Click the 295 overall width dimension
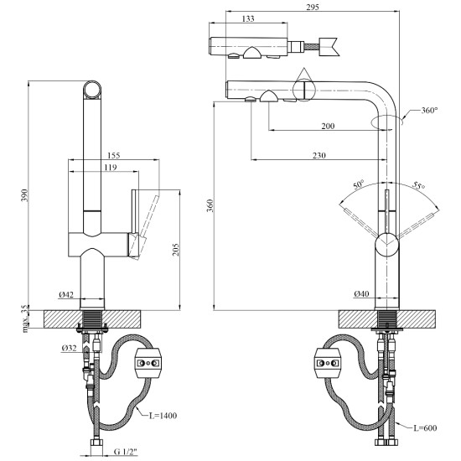click(313, 7)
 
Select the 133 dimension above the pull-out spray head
click(248, 18)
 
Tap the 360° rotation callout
click(429, 111)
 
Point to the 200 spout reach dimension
click(328, 126)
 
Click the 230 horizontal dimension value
click(319, 155)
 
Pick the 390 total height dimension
click(24, 195)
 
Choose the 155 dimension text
click(113, 155)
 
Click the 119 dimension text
click(111, 167)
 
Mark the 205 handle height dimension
click(175, 249)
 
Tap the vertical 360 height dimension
click(210, 205)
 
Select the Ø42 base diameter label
click(66, 294)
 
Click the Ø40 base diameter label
click(361, 293)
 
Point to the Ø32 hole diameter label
click(69, 348)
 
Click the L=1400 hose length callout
click(163, 416)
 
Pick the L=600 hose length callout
click(425, 427)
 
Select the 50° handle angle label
click(359, 184)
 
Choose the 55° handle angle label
click(418, 185)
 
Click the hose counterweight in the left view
click(148, 362)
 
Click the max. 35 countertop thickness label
click(26, 319)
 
